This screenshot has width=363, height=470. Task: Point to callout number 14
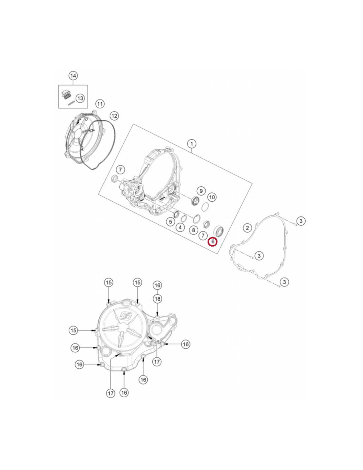click(73, 76)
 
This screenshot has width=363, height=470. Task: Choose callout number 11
click(100, 104)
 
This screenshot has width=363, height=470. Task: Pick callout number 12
click(114, 116)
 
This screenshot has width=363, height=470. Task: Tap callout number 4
click(180, 227)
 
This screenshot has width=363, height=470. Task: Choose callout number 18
click(157, 299)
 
